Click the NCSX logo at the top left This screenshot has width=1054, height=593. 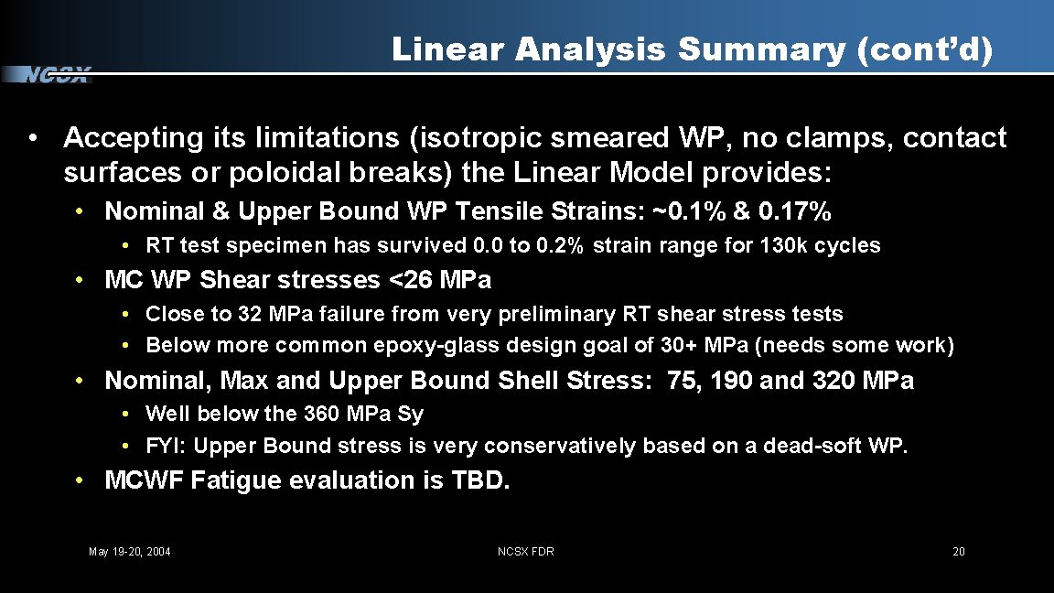coord(57,75)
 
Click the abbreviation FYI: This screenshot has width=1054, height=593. coord(167,446)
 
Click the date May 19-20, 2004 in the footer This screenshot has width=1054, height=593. coord(129,551)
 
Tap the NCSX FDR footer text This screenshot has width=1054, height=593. coord(525,551)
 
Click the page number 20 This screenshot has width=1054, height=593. coord(958,551)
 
